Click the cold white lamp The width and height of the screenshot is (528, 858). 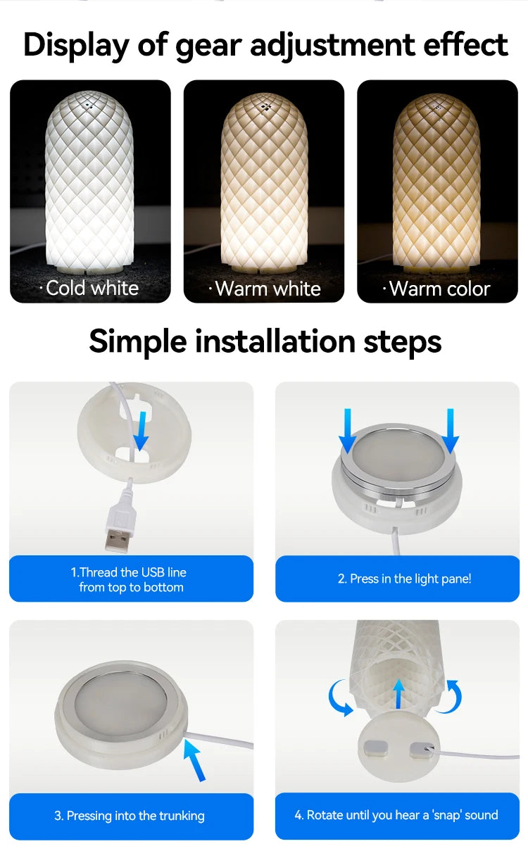point(89,183)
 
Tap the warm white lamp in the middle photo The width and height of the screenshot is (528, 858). point(264,183)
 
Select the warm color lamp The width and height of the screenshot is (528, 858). point(436,183)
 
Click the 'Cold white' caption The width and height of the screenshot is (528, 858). point(89,288)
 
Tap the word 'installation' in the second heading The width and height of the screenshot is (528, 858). point(276,341)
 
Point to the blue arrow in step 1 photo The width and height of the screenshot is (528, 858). point(141,431)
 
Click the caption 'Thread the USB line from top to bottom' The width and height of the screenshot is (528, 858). point(130,579)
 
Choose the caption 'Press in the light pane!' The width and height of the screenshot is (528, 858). point(404,579)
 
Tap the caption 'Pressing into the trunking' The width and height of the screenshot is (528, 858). point(130,816)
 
